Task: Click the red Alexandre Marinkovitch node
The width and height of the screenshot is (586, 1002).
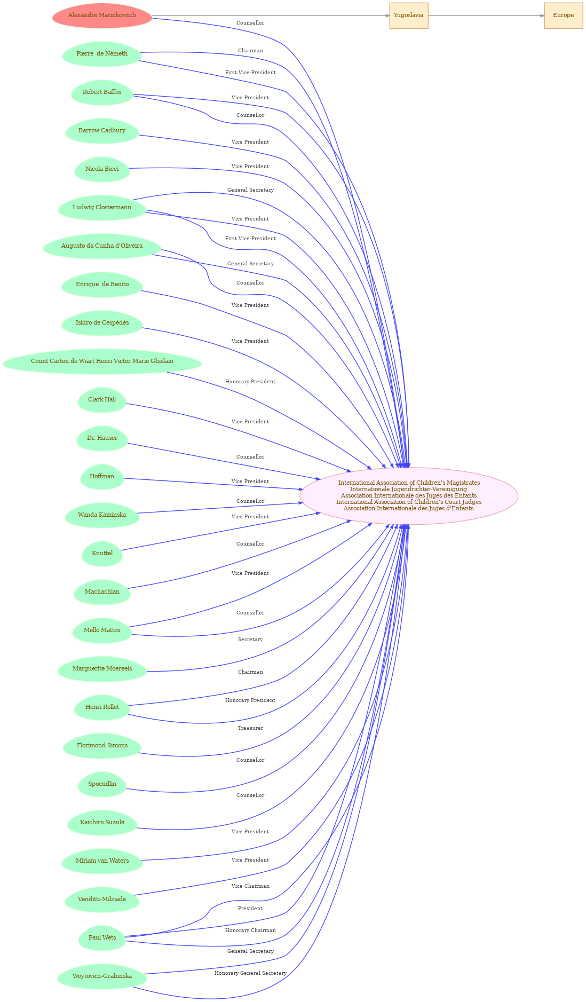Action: pyautogui.click(x=102, y=15)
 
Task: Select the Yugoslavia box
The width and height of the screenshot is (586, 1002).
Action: pyautogui.click(x=409, y=15)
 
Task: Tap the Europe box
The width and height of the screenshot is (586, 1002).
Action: pyautogui.click(x=564, y=15)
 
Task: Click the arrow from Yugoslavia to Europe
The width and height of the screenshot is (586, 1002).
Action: pyautogui.click(x=486, y=15)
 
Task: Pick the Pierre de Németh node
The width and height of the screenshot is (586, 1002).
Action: pyautogui.click(x=102, y=54)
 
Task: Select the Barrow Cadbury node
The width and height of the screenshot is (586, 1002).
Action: pyautogui.click(x=102, y=131)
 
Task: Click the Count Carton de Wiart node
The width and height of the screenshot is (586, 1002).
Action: pyautogui.click(x=102, y=361)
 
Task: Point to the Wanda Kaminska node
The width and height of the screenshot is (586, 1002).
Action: pyautogui.click(x=102, y=515)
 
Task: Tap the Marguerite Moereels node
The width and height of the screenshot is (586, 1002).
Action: pyautogui.click(x=102, y=669)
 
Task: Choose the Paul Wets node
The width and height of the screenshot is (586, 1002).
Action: pyautogui.click(x=102, y=938)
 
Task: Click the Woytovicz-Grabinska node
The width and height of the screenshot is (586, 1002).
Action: pyautogui.click(x=102, y=976)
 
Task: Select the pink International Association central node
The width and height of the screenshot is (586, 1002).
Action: pyautogui.click(x=409, y=496)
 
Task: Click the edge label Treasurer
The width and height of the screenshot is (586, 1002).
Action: pyautogui.click(x=250, y=728)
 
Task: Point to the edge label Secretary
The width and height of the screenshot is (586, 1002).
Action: pyautogui.click(x=250, y=640)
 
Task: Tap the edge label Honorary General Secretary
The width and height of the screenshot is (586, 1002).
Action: pyautogui.click(x=250, y=973)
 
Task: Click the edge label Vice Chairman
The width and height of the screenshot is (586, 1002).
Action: pyautogui.click(x=250, y=886)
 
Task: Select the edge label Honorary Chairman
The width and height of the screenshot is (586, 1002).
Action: pyautogui.click(x=250, y=930)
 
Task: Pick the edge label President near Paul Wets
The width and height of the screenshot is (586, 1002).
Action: pyautogui.click(x=250, y=909)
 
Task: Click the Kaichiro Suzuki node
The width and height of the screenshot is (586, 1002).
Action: pyautogui.click(x=102, y=823)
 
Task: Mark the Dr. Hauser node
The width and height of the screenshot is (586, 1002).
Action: pyautogui.click(x=102, y=438)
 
